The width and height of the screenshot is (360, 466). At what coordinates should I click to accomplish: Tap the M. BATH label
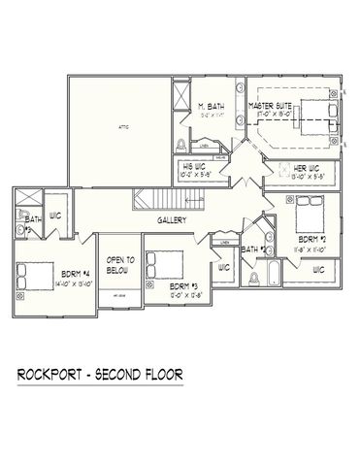pyautogui.click(x=213, y=106)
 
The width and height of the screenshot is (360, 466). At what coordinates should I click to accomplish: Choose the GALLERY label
pyautogui.click(x=172, y=220)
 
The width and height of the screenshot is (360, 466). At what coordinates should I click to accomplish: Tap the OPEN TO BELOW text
pyautogui.click(x=120, y=263)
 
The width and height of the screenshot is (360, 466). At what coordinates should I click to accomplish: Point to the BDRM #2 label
pyautogui.click(x=310, y=239)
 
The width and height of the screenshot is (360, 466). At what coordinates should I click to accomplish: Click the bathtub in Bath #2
pyautogui.click(x=260, y=276)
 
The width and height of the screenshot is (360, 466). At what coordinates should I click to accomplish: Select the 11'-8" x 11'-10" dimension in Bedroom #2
pyautogui.click(x=310, y=249)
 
